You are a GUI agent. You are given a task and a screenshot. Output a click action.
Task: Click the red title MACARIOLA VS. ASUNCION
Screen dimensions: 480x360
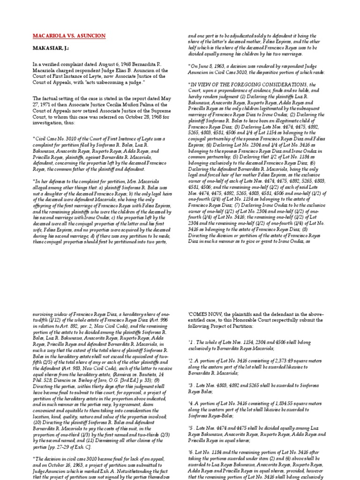click(x=69, y=36)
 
